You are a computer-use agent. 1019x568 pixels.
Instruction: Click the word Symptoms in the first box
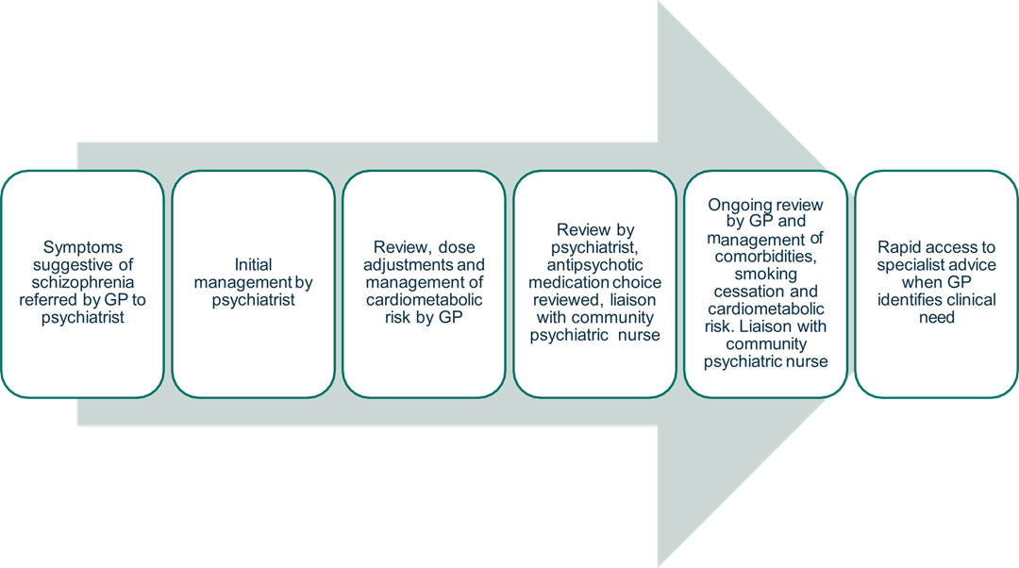coord(83,246)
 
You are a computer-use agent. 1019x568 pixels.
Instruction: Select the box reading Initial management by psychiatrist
coord(253,283)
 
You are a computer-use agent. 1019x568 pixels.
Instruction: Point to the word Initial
coord(253,264)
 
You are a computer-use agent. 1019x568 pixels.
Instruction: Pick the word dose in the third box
coord(443,246)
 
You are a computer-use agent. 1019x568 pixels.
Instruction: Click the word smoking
coord(765,275)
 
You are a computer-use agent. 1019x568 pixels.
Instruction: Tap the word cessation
coord(743,292)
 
